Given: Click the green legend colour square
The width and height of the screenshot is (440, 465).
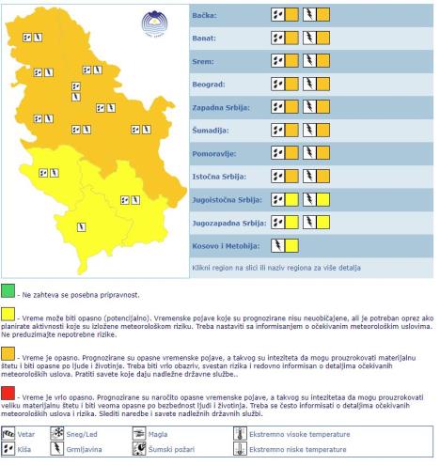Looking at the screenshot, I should pos(8,287).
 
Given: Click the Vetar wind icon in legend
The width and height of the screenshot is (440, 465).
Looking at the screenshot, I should pos(10,435).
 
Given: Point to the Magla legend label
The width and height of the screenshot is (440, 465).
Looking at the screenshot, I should pos(159,435).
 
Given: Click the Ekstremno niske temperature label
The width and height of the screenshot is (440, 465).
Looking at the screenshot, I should pos(291,451).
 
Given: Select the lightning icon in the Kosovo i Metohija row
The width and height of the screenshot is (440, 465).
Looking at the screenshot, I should pos(276,245).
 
